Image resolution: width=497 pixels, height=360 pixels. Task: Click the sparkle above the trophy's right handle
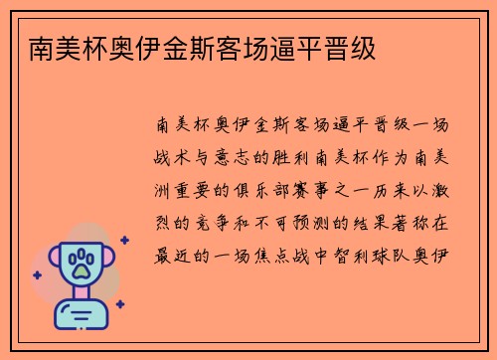123,240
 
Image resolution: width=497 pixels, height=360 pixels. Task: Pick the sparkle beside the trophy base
119,304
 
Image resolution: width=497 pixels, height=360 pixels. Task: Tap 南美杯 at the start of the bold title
56,47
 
